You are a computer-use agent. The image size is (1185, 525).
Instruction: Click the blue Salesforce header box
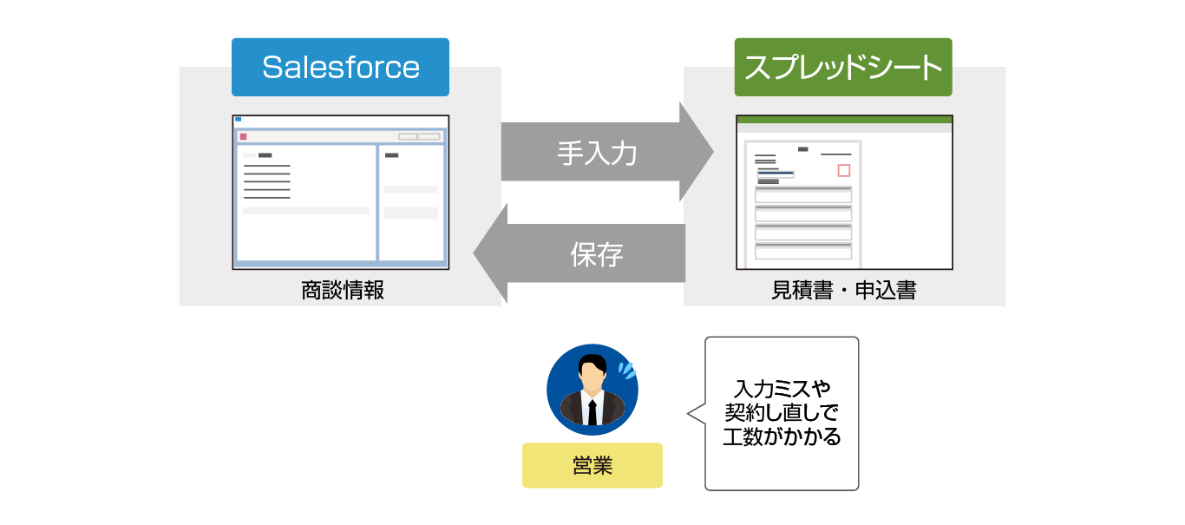tap(340, 67)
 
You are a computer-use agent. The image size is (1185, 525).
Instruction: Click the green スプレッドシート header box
tap(843, 67)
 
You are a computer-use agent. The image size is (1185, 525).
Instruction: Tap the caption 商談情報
tap(342, 291)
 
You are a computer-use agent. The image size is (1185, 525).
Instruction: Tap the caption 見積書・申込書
tap(843, 291)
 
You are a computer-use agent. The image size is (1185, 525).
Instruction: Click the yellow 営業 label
tap(592, 465)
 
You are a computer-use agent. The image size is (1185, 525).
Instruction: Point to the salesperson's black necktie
tap(592, 411)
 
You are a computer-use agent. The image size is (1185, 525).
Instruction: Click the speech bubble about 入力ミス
tap(782, 413)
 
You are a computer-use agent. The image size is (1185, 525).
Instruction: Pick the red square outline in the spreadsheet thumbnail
tap(843, 171)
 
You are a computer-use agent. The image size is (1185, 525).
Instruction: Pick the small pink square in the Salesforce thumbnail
tap(244, 136)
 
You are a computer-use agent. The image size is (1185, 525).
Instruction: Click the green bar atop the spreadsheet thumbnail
tap(844, 120)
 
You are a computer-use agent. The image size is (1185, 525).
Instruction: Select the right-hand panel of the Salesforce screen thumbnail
tap(411, 202)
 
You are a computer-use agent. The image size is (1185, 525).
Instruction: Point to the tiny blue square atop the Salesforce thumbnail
tap(239, 119)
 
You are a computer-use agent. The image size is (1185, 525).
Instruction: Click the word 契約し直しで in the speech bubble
tap(782, 412)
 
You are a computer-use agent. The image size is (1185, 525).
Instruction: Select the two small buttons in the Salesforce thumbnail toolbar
tap(419, 136)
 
